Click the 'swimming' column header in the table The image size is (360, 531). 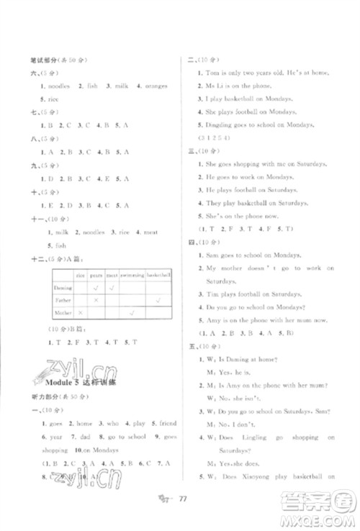[132, 275]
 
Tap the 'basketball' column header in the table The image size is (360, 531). [158, 275]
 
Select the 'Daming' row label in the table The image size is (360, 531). [63, 287]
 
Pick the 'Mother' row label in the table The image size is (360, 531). [63, 313]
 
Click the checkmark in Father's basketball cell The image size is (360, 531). [158, 300]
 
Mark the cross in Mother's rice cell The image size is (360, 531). [81, 313]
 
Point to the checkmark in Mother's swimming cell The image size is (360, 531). [132, 313]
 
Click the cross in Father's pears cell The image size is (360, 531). [96, 300]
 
